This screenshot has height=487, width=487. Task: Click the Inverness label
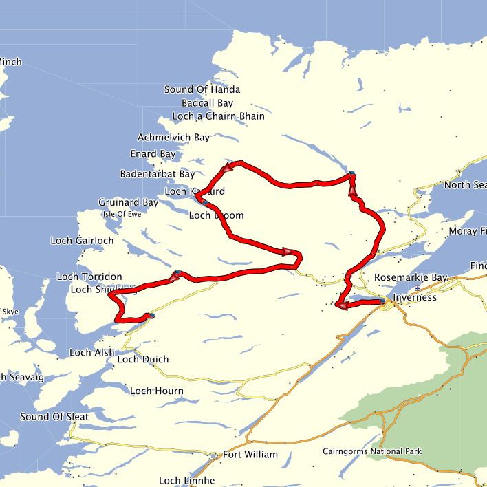click(x=415, y=298)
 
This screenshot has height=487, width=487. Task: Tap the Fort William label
click(x=250, y=455)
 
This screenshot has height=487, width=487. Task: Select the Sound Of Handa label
click(x=202, y=89)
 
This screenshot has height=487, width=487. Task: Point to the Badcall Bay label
click(x=208, y=103)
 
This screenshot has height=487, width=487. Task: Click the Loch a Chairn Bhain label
click(x=218, y=116)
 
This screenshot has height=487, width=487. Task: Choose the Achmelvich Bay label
click(x=173, y=138)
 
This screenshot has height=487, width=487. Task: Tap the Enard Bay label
click(x=153, y=154)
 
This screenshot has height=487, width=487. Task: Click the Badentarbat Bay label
click(x=158, y=175)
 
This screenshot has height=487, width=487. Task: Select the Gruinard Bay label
click(x=128, y=203)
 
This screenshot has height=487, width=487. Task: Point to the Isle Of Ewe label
click(x=122, y=214)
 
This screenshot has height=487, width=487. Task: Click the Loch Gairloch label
click(x=82, y=241)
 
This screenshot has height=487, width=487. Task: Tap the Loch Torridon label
click(x=89, y=277)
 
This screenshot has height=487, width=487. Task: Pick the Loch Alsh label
click(x=92, y=353)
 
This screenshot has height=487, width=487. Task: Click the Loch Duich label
click(x=143, y=360)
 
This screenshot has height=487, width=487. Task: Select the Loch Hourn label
click(x=157, y=391)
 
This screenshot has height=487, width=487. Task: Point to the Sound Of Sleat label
click(x=54, y=417)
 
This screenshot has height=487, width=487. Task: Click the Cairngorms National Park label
click(x=372, y=452)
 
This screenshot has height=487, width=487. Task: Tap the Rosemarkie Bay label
click(x=411, y=278)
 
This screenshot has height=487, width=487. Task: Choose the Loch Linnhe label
click(x=187, y=481)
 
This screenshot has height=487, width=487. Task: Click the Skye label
click(x=11, y=312)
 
